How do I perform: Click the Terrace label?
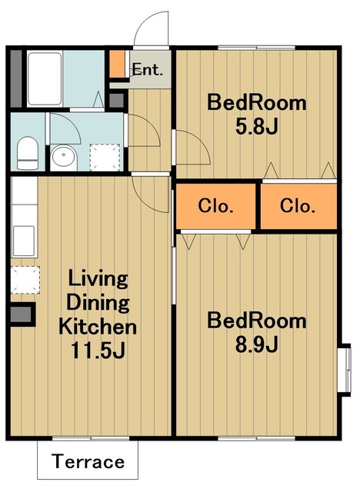coord(88,461)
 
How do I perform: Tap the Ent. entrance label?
coord(147,69)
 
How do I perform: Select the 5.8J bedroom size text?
coord(257,127)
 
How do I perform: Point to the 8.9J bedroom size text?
coord(257,344)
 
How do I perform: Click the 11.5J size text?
coord(98,351)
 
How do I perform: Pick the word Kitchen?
coord(98,326)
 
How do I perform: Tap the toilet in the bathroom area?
coord(27,153)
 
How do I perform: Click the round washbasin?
coord(64,155)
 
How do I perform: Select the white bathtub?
coord(45,78)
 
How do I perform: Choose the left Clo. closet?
coord(215,206)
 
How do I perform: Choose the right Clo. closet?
coord(298,206)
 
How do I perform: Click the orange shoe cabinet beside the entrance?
coord(117,64)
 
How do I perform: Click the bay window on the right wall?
coord(345,370)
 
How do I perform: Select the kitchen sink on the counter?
coord(24,241)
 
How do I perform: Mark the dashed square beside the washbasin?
coord(105,157)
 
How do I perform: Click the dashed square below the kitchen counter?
coord(25,280)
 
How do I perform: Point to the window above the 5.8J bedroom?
coord(256,48)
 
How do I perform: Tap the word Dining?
coord(98,302)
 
